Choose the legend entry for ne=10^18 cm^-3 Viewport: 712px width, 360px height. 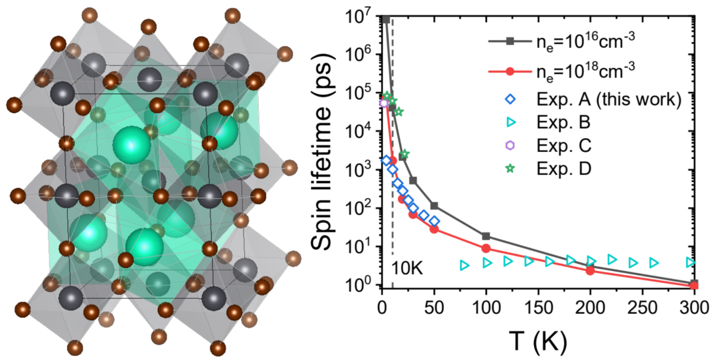point(587,70)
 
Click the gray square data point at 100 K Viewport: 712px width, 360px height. point(486,236)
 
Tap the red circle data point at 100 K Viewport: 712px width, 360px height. point(486,249)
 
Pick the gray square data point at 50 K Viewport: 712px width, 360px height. point(434,206)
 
